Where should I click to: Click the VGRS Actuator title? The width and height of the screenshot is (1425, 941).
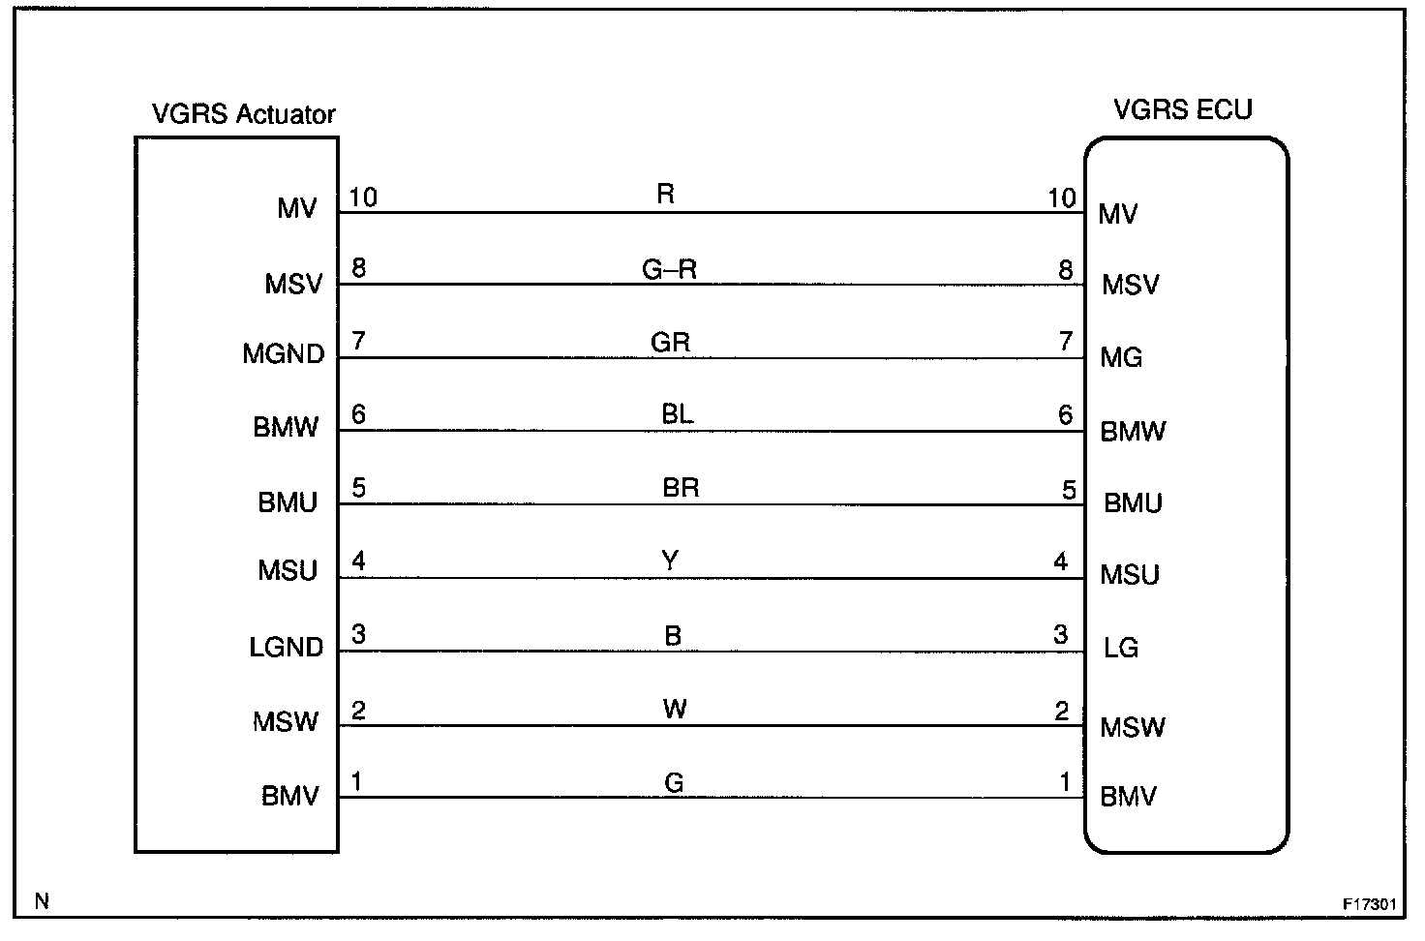click(x=243, y=114)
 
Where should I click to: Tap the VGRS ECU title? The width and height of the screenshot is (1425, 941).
click(x=1182, y=109)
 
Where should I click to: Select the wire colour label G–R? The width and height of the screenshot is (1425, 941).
click(x=669, y=269)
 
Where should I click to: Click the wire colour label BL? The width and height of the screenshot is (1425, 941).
click(x=677, y=414)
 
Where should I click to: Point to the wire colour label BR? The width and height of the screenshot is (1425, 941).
click(x=681, y=487)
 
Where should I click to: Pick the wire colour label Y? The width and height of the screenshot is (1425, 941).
click(x=670, y=561)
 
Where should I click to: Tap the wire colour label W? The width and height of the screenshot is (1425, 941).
click(x=675, y=709)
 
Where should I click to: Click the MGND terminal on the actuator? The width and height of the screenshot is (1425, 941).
click(x=283, y=354)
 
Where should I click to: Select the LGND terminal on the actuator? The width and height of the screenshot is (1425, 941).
click(x=286, y=647)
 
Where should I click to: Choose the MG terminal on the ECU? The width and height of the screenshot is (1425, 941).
click(x=1121, y=358)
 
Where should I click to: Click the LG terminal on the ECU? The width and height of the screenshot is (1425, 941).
click(x=1120, y=648)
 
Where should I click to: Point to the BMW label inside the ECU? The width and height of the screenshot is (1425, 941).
click(x=1133, y=431)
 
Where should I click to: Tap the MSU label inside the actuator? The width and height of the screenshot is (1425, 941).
click(x=288, y=571)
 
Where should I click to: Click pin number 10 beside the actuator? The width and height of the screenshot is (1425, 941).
click(x=362, y=197)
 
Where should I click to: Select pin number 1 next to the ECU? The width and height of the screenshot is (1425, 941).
click(x=1066, y=781)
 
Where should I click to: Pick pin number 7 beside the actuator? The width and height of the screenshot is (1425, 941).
click(x=358, y=342)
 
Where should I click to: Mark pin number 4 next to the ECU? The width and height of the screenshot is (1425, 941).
click(x=1061, y=562)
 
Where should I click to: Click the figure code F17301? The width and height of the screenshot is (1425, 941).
click(x=1369, y=904)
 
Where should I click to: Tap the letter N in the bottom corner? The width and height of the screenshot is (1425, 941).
click(x=42, y=901)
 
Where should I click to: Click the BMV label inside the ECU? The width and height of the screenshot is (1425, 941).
click(x=1128, y=798)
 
